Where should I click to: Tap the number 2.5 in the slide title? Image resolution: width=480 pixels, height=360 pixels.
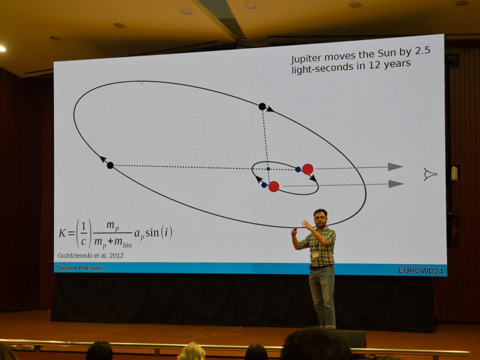click(422, 51)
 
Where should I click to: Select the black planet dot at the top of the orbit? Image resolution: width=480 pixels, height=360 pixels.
click(262, 107)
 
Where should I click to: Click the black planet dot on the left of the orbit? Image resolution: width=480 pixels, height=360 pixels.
click(110, 166)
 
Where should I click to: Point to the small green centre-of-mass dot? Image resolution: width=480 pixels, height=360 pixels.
click(268, 169)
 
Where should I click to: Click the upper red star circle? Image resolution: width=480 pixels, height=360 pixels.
click(308, 169)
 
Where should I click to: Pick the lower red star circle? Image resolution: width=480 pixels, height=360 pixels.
click(274, 187)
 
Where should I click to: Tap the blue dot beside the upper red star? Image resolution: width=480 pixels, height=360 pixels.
click(298, 169)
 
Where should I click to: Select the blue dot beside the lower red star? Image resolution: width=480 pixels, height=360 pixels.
click(264, 185)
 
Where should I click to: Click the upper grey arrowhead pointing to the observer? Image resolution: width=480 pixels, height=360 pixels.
click(395, 167)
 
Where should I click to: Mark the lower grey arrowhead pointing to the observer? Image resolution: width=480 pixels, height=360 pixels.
click(396, 184)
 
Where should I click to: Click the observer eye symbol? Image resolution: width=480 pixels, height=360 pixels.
click(430, 174)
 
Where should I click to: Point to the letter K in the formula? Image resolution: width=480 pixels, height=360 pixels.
click(62, 233)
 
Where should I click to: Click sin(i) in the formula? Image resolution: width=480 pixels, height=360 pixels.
click(158, 232)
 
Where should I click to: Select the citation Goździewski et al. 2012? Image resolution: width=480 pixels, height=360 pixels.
click(91, 256)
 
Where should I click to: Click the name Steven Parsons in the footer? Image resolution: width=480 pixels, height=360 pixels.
click(80, 268)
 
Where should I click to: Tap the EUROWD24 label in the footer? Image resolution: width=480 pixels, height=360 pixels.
click(421, 271)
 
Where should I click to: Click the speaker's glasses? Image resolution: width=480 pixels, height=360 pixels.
click(320, 218)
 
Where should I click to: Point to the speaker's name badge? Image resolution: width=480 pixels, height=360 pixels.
click(315, 255)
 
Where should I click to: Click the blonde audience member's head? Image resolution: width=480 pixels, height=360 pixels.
click(191, 352)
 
